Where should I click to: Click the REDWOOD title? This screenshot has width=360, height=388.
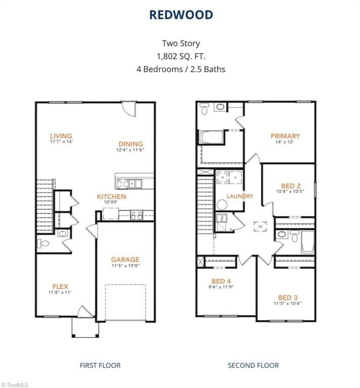(181, 15)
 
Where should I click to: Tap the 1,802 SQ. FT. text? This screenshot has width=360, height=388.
(181, 56)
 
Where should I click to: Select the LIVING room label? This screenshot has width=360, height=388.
(61, 136)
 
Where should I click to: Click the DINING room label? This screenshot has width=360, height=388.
(130, 144)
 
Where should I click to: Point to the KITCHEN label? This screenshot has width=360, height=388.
(112, 197)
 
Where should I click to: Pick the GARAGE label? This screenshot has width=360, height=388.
(125, 260)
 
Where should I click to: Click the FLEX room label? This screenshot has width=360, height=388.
(60, 286)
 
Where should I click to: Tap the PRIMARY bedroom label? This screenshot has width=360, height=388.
(285, 136)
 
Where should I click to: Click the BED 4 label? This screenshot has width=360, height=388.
(220, 281)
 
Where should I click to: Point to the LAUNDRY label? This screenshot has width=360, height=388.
(240, 196)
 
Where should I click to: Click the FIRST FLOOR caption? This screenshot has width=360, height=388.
(100, 365)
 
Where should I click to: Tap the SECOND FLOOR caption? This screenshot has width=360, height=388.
(253, 365)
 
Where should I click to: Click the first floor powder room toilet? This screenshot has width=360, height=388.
(43, 244)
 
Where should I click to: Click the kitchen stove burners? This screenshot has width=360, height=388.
(137, 215)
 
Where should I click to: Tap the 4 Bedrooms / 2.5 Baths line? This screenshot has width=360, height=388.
(181, 69)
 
